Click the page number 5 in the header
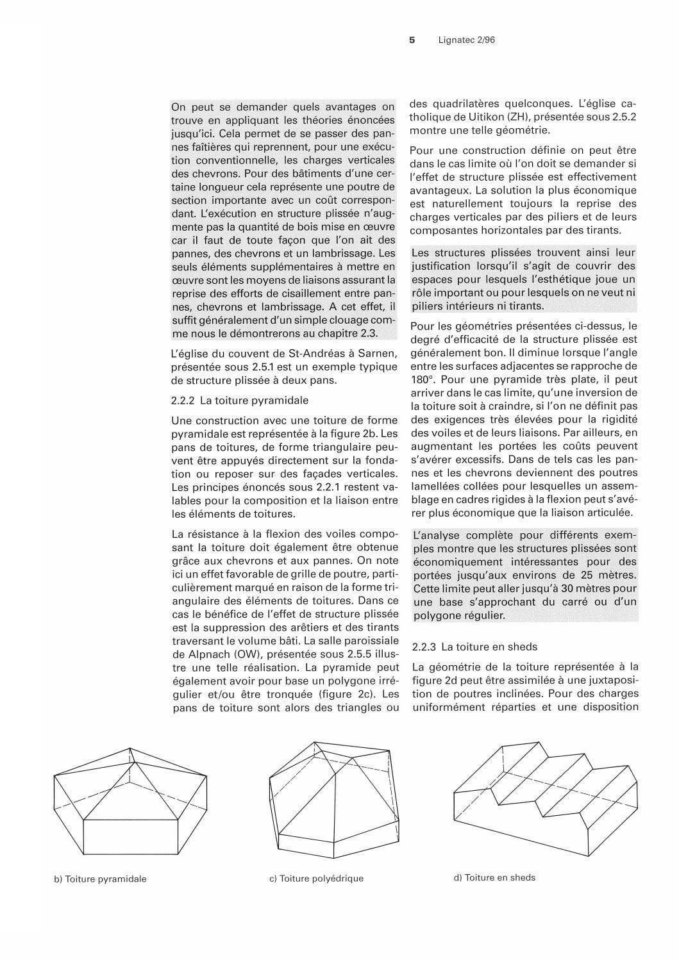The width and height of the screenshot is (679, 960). pyautogui.click(x=412, y=40)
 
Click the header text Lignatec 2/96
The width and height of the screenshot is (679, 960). pyautogui.click(x=467, y=40)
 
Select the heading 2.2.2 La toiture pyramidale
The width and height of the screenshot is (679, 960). pyautogui.click(x=239, y=401)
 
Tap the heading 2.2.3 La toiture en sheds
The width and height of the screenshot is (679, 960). pyautogui.click(x=474, y=647)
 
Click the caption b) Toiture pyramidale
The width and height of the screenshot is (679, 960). pyautogui.click(x=100, y=879)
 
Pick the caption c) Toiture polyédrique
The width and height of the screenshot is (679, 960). pyautogui.click(x=316, y=878)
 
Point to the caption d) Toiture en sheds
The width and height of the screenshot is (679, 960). pyautogui.click(x=494, y=877)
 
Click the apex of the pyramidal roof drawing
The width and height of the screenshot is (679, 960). pyautogui.click(x=130, y=748)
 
